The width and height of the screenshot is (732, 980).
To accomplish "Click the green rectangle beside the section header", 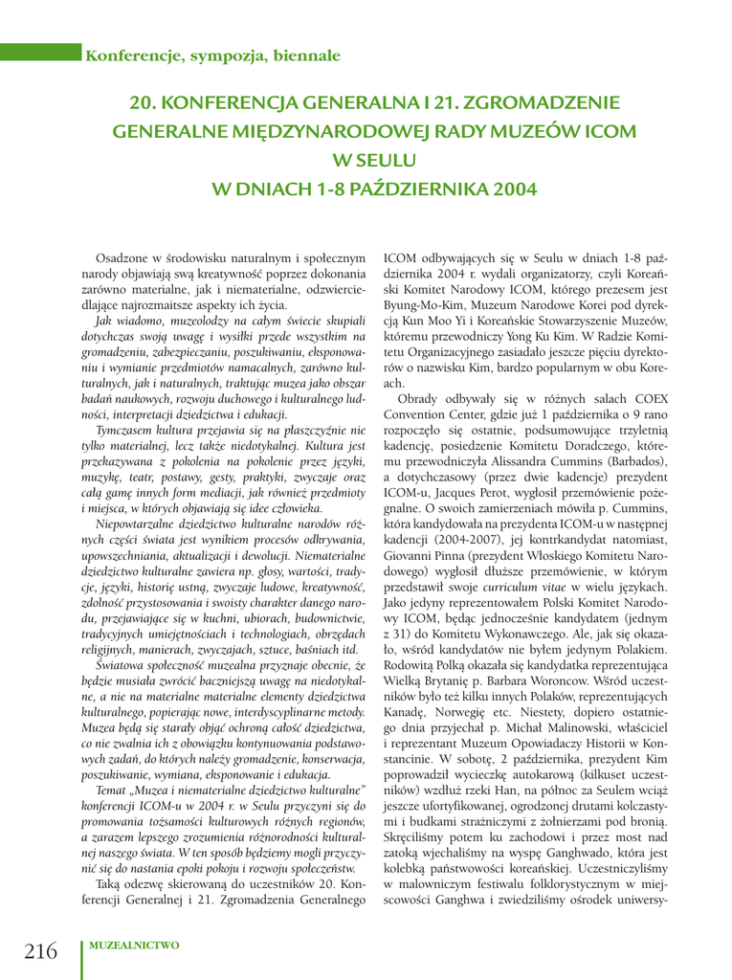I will (40, 55).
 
